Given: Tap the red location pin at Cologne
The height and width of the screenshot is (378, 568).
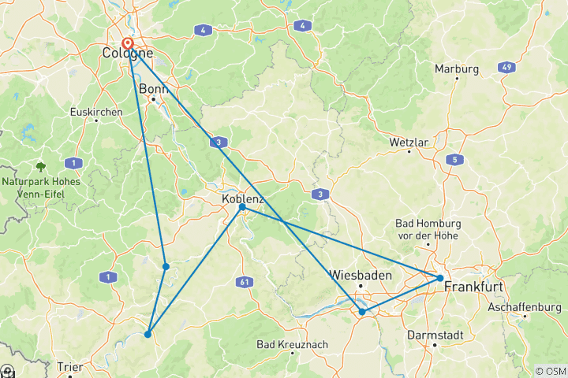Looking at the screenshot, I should click(x=129, y=45).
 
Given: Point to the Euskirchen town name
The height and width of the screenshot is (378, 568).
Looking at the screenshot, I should click(x=96, y=112).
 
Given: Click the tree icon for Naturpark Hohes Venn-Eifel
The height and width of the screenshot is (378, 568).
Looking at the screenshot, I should click(x=40, y=166).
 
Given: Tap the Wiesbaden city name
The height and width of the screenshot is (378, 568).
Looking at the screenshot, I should click(x=360, y=276).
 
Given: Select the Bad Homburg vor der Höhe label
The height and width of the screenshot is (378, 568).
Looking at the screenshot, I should click(x=428, y=229).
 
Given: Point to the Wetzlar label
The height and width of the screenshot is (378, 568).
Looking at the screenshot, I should click(x=409, y=143).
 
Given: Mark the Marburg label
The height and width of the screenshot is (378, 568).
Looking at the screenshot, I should click(x=456, y=69).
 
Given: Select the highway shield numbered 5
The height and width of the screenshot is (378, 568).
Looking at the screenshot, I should click(x=454, y=159).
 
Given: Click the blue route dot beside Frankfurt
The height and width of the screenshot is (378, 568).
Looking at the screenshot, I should click(x=439, y=277).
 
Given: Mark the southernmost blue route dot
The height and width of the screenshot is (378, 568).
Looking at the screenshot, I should click(x=148, y=335).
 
